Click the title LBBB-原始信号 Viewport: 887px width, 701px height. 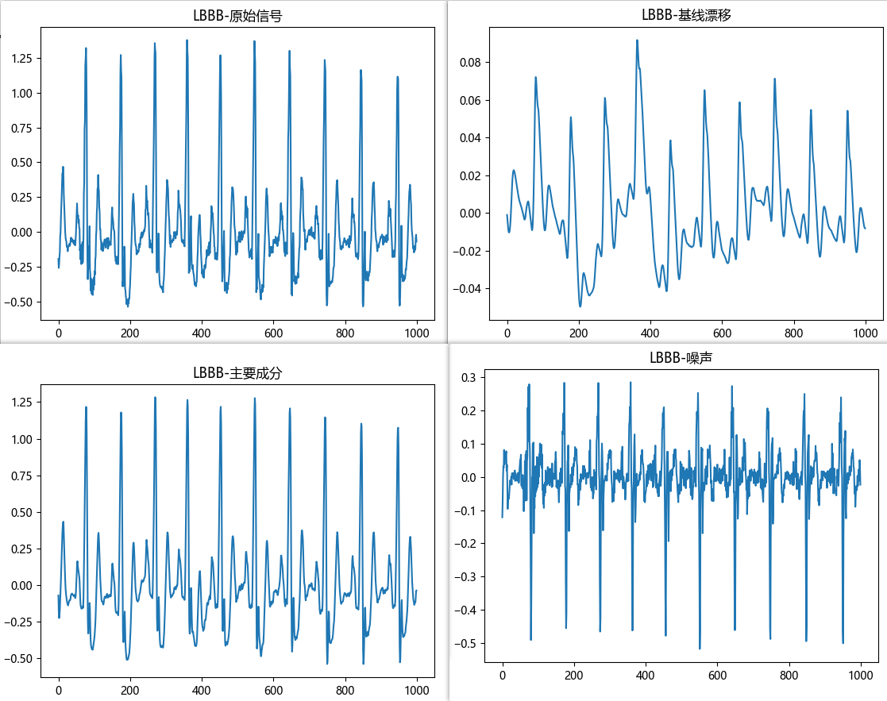coord(237,16)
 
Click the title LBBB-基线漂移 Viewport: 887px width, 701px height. coord(685,16)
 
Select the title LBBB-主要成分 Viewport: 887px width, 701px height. coord(237,372)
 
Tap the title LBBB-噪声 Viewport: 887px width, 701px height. coord(681,358)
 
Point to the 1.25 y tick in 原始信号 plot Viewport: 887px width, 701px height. coord(21,59)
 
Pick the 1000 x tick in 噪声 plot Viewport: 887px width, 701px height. coord(861,676)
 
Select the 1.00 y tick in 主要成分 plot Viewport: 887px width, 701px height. coord(21,440)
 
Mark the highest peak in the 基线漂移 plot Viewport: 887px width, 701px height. coord(637,40)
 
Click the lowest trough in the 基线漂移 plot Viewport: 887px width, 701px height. coord(580,306)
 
